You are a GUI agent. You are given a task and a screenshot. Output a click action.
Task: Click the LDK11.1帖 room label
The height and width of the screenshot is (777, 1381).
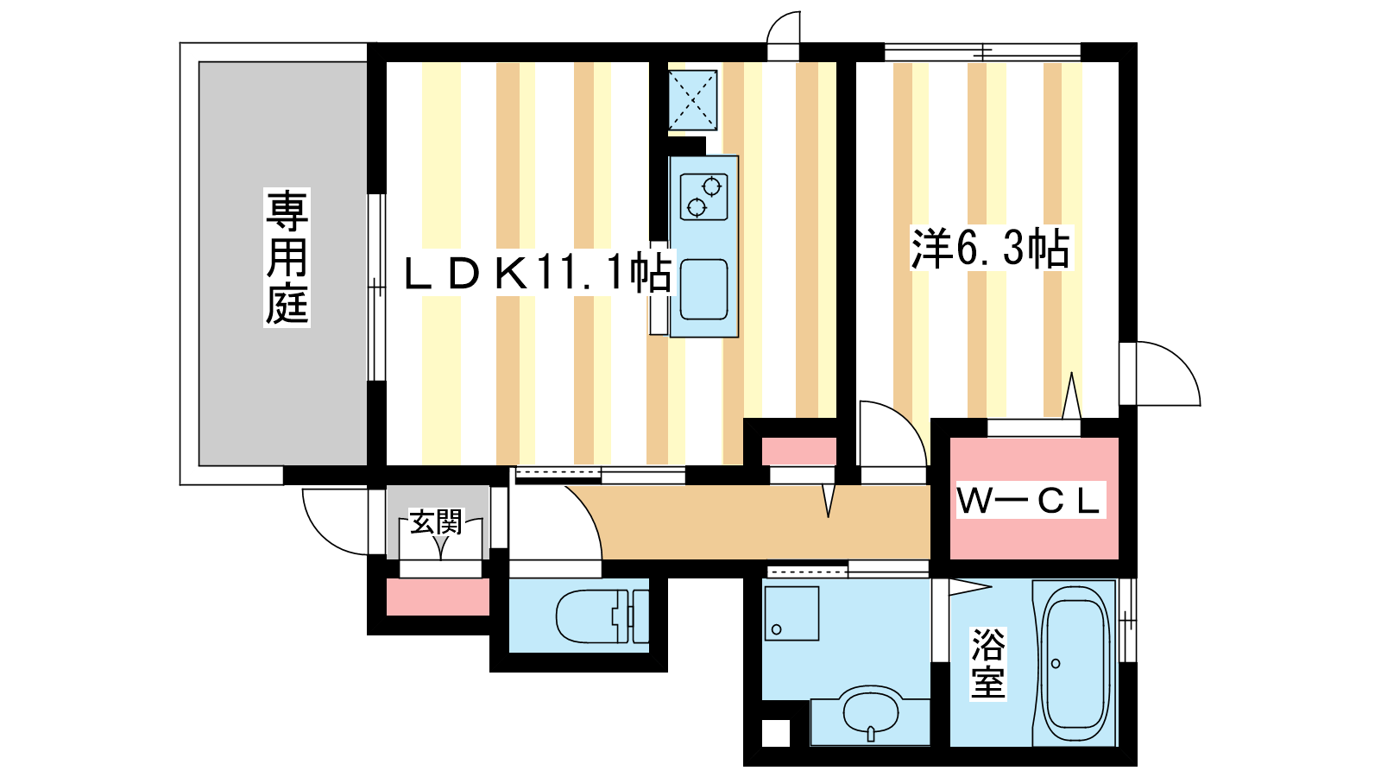tap(539, 273)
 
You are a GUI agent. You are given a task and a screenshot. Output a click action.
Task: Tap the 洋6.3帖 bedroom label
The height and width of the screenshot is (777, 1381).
tap(992, 248)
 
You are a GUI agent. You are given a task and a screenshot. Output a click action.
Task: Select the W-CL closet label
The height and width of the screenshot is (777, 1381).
tap(1029, 501)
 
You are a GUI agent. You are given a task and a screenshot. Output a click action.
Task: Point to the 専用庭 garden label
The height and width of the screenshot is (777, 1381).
tap(287, 257)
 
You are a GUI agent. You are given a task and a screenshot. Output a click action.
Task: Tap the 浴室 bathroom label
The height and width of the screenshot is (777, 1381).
tap(988, 664)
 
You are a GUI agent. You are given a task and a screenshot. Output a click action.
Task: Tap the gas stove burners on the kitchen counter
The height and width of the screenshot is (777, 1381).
tap(704, 197)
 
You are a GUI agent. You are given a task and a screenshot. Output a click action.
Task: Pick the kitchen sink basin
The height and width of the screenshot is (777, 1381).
tap(703, 289)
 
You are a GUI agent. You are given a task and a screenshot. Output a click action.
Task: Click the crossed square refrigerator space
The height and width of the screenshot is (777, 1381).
tap(692, 100)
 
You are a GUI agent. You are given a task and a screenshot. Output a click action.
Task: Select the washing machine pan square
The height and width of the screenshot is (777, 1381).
tap(791, 613)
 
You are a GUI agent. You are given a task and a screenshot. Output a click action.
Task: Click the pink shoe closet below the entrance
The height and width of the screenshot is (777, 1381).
tap(438, 597)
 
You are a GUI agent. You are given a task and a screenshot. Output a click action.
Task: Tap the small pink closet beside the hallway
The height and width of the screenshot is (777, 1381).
tap(799, 452)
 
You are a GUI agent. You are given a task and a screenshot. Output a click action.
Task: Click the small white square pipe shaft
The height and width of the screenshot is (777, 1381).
tap(776, 733)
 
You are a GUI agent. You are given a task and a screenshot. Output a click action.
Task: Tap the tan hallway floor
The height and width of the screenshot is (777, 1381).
tap(765, 523)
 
